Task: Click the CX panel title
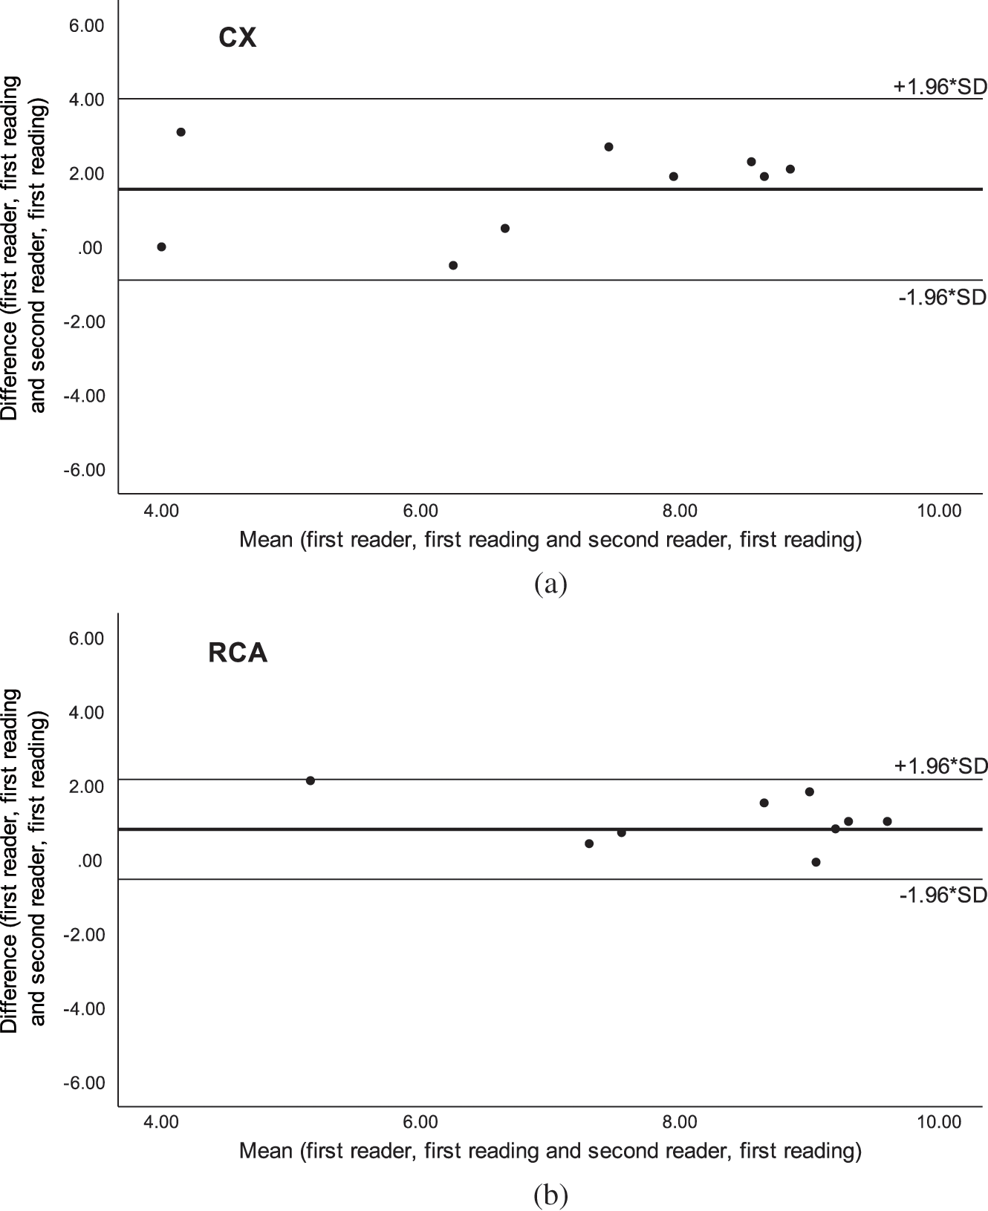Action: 238,38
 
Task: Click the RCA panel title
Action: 238,653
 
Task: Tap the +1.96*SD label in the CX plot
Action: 939,87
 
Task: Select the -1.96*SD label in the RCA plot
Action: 942,895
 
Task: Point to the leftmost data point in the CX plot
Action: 161,247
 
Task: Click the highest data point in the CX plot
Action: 181,132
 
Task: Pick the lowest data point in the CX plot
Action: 453,266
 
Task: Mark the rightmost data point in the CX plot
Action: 790,169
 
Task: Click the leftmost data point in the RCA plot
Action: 311,780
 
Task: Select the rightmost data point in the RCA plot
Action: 887,821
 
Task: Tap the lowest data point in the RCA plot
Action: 816,862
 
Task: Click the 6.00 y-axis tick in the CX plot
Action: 87,26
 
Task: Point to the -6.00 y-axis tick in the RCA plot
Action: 84,1083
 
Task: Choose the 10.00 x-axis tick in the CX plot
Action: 939,511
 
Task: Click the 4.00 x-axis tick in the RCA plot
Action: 161,1122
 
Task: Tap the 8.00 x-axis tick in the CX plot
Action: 680,511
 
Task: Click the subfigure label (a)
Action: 550,584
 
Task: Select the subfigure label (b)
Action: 550,1195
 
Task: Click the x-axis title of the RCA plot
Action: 550,1151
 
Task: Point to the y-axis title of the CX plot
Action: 23,247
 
